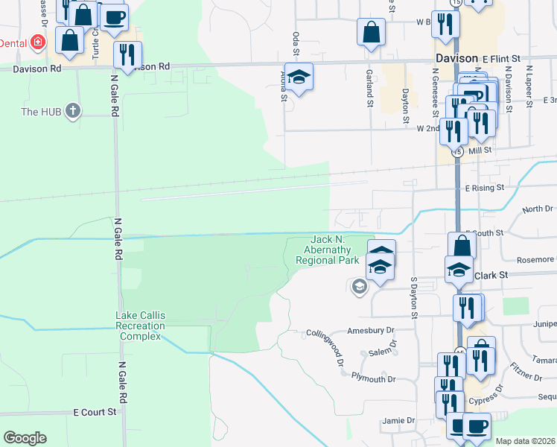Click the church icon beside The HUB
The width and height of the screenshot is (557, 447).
[x=72, y=111]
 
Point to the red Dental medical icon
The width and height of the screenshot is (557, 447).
[x=36, y=43]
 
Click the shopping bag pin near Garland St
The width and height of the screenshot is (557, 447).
[x=370, y=34]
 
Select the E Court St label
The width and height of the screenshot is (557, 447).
[x=95, y=411]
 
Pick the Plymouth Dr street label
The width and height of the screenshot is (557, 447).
[x=374, y=379]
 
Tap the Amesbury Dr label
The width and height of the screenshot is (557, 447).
[x=370, y=329]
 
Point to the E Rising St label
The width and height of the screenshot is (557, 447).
[x=485, y=188]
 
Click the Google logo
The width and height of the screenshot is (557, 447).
[x=25, y=438]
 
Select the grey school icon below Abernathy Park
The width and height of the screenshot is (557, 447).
[x=360, y=287]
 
